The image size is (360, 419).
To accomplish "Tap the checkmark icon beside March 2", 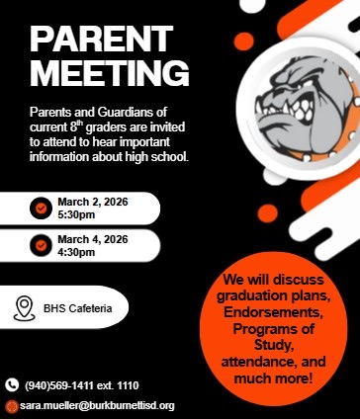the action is coord(41,209).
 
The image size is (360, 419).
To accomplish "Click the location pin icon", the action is coord(26,307).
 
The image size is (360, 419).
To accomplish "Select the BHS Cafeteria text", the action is coord(77,308).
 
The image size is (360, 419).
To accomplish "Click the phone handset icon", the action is coord(12,384).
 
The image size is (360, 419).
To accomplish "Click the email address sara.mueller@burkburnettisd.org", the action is coord(97,405).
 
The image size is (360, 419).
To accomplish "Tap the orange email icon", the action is coord(12,405).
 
